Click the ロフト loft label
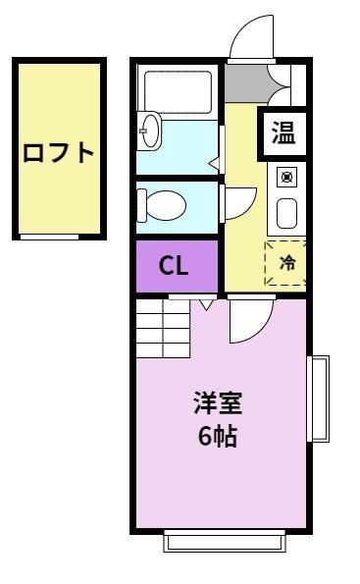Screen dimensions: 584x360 (60, 153)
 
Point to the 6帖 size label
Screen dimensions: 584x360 (218, 435)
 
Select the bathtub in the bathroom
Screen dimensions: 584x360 (177, 92)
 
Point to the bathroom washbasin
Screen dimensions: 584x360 (148, 132)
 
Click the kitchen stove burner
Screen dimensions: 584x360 (286, 177)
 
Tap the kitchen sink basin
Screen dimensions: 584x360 (286, 212)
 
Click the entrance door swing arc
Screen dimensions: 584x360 (250, 39)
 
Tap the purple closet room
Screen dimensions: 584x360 (176, 266)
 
